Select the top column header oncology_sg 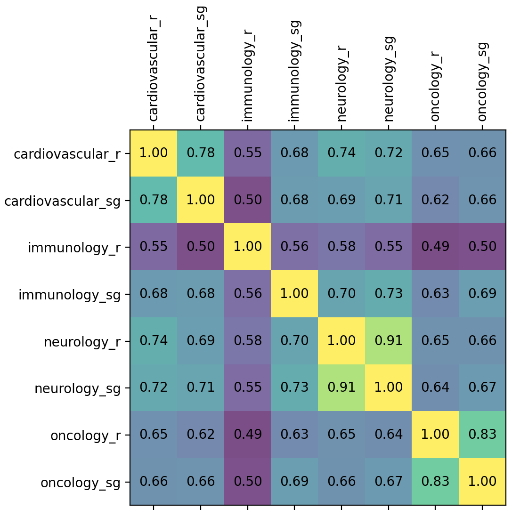tap(482, 81)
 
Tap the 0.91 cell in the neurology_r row tap(389, 341)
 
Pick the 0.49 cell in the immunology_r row tap(435, 247)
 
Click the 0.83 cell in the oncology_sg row tap(435, 482)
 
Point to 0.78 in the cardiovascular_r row tap(201, 153)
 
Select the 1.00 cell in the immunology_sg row tap(294, 294)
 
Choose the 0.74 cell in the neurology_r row tap(154, 341)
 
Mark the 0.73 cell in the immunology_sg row tap(389, 294)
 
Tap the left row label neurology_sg tap(77, 388)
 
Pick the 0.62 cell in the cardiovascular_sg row tap(435, 200)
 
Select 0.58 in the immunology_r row tap(341, 247)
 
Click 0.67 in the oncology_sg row tap(389, 482)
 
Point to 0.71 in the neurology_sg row tap(201, 388)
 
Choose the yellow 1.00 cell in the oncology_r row tap(435, 435)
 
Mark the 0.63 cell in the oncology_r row tap(294, 435)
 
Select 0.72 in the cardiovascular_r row tap(389, 153)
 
